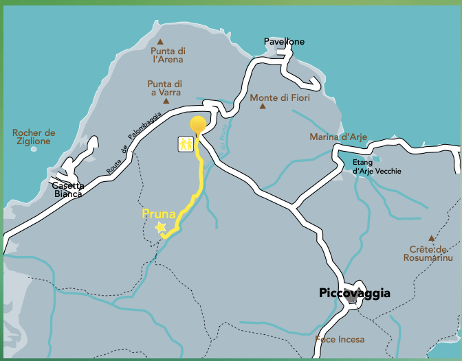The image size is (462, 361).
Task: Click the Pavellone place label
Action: (x=284, y=42)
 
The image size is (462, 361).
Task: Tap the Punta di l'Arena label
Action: (x=168, y=56)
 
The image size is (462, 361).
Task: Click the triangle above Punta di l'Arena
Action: (x=160, y=41)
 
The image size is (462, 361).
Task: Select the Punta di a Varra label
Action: (x=164, y=89)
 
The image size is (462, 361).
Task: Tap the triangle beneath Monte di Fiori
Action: (x=262, y=107)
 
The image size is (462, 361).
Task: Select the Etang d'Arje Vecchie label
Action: (x=376, y=167)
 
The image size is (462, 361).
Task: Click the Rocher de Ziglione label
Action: (x=34, y=137)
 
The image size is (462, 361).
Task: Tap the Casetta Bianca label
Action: (x=68, y=190)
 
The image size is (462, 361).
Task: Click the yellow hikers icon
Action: (x=185, y=144)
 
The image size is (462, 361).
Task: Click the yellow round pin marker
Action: (x=198, y=125)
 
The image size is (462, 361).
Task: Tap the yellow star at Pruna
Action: (x=161, y=227)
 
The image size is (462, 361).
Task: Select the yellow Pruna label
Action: (x=159, y=213)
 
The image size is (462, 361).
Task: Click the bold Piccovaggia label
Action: (x=355, y=294)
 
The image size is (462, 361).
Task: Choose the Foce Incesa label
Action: (x=340, y=339)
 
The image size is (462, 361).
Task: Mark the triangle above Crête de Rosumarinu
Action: (x=431, y=237)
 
